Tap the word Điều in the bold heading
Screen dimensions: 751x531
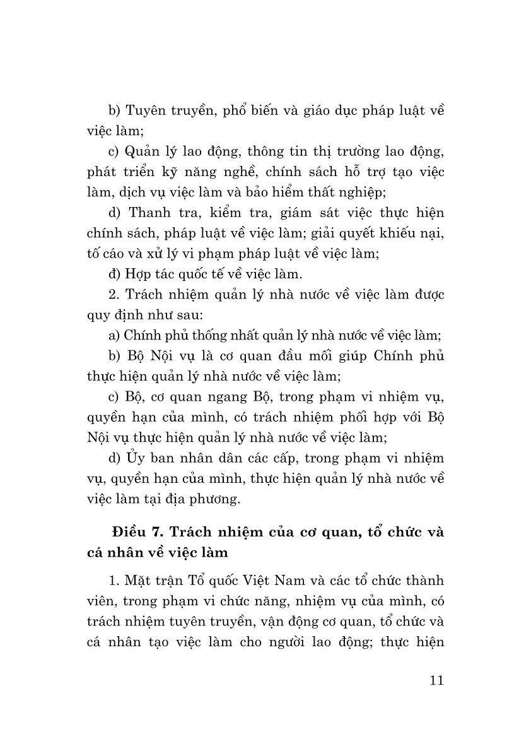[129, 531]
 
